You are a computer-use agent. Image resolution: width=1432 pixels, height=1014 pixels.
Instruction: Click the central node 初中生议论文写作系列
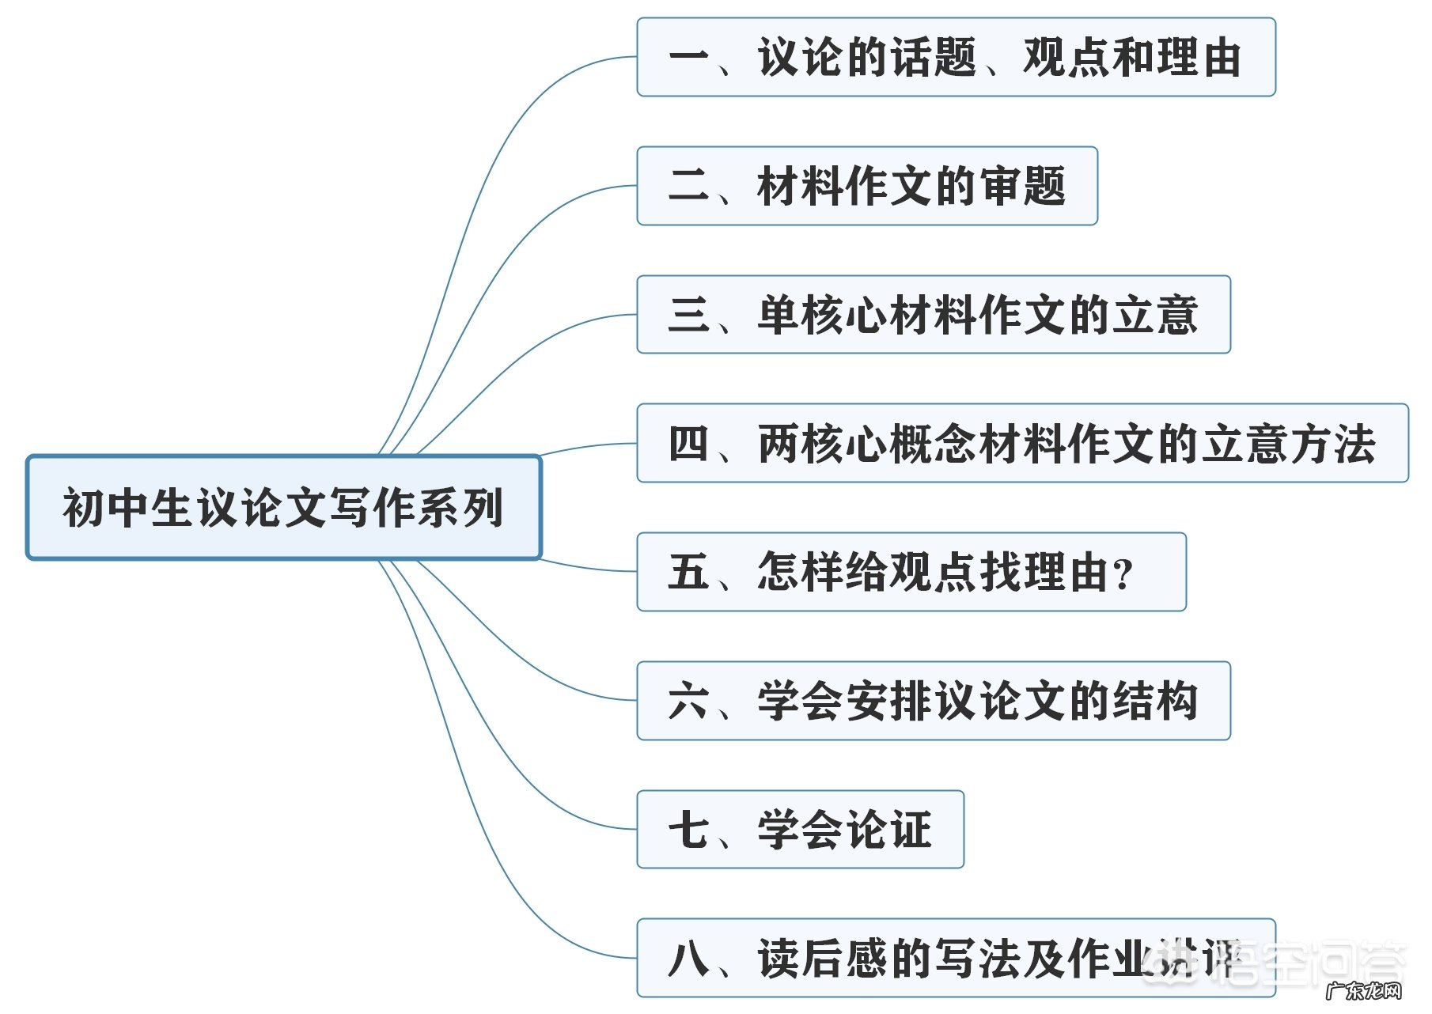pyautogui.click(x=283, y=507)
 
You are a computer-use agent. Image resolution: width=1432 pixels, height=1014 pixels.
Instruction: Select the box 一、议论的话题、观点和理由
pyautogui.click(x=956, y=57)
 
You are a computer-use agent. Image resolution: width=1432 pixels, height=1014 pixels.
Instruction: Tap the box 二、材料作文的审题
pyautogui.click(x=866, y=186)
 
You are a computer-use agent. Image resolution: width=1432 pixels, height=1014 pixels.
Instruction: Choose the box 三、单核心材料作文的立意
pyautogui.click(x=933, y=314)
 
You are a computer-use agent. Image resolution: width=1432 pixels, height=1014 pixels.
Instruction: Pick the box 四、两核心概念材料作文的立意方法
pyautogui.click(x=1022, y=443)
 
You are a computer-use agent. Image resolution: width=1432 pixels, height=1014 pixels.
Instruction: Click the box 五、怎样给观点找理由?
pyautogui.click(x=911, y=572)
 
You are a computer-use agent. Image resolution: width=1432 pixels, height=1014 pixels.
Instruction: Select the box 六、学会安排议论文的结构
pyautogui.click(x=933, y=701)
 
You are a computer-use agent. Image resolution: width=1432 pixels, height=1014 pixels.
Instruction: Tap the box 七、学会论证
pyautogui.click(x=800, y=829)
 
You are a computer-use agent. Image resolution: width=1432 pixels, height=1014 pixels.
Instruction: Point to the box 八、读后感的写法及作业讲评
pyautogui.click(x=956, y=958)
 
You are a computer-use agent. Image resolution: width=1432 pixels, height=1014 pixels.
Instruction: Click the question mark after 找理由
pyautogui.click(x=1123, y=575)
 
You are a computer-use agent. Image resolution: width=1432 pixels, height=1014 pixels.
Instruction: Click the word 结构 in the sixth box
pyautogui.click(x=1155, y=701)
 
